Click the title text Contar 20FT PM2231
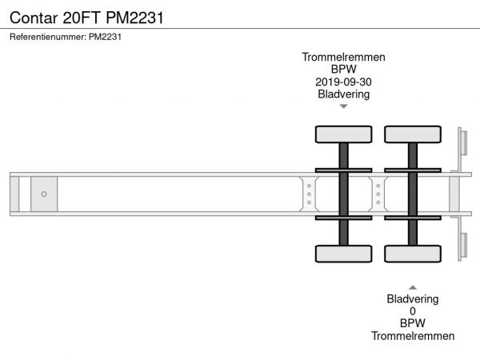click(86, 18)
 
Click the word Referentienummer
click(47, 37)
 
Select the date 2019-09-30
click(343, 82)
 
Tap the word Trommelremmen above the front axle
click(343, 57)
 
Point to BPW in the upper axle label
click(343, 69)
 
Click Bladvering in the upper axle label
click(343, 94)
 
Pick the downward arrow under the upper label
click(344, 106)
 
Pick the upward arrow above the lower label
click(413, 287)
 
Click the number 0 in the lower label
click(413, 311)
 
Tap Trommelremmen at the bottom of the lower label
click(413, 336)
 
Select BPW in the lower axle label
click(413, 323)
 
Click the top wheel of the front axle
click(343, 134)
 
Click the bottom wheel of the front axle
click(343, 254)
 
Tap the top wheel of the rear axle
click(413, 134)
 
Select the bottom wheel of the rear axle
click(413, 254)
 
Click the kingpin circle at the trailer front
click(44, 194)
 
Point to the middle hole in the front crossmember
click(309, 194)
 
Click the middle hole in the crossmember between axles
click(378, 194)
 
